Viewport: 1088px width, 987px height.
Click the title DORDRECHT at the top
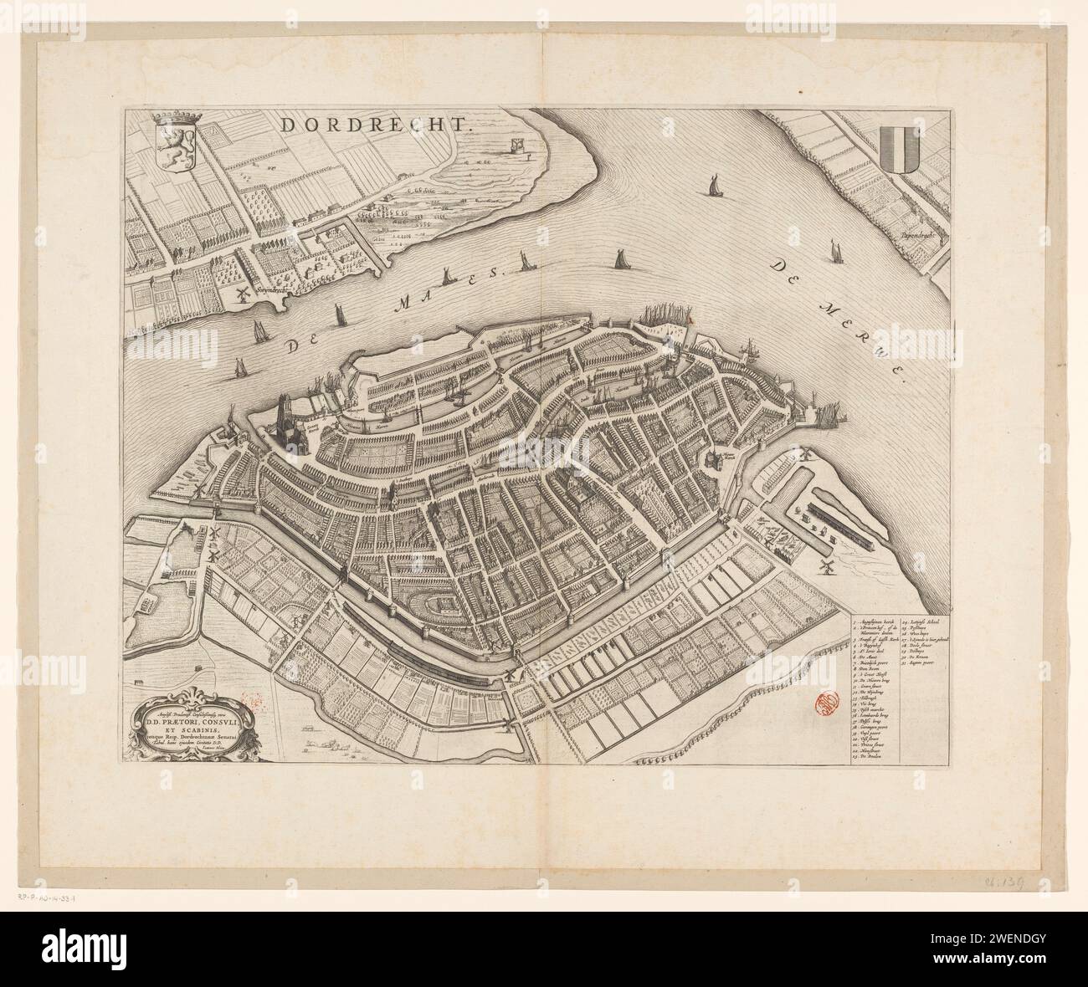pos(377,125)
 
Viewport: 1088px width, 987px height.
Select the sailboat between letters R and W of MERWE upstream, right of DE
pos(834,249)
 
